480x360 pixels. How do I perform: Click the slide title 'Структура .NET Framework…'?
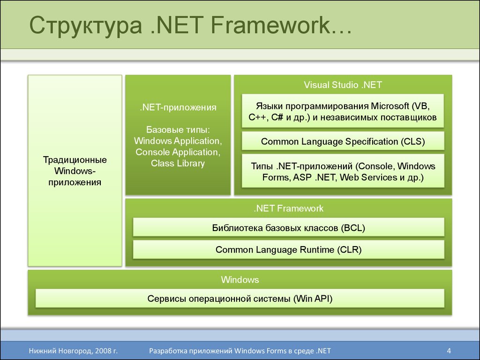[x=190, y=25]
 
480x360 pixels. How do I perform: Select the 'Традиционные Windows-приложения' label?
[x=75, y=171]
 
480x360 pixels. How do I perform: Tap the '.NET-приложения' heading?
[x=178, y=107]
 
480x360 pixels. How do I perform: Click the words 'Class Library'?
[x=178, y=163]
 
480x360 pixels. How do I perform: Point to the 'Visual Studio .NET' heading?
[x=343, y=85]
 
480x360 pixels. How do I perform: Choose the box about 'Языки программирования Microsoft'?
[x=343, y=111]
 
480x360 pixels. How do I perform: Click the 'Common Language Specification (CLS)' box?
[x=343, y=141]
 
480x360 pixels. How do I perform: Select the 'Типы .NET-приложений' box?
[x=343, y=171]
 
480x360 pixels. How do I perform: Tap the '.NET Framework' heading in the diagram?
[x=288, y=209]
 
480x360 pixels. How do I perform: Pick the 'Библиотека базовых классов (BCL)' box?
[x=288, y=227]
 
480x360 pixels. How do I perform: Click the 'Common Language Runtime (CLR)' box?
[x=288, y=249]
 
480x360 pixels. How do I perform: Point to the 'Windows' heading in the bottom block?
[x=240, y=279]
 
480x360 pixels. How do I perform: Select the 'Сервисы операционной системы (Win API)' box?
[x=240, y=299]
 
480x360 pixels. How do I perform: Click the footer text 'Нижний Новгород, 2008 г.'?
[x=73, y=351]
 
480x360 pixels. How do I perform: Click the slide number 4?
[x=449, y=351]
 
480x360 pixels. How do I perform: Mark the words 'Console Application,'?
[x=178, y=152]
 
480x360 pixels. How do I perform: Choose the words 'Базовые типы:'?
[x=178, y=130]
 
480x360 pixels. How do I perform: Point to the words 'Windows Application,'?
[x=178, y=141]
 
